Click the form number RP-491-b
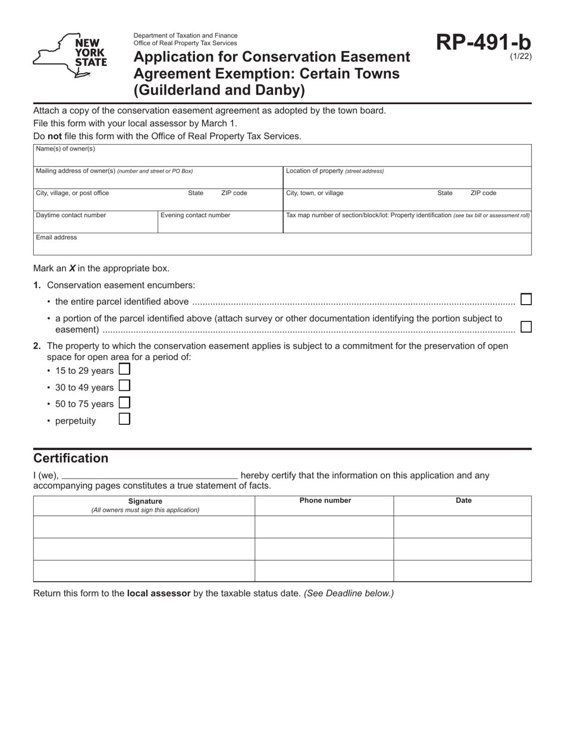pos(484,42)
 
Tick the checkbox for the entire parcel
pos(526,299)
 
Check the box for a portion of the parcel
pos(526,327)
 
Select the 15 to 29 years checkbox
pos(124,369)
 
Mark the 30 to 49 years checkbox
pos(124,386)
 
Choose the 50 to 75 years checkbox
pos(124,402)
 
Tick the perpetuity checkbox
pos(124,419)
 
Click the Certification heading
pos(71,458)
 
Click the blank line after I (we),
pos(149,476)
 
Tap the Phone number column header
pos(325,500)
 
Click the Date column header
pos(463,500)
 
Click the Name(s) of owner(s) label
pos(65,149)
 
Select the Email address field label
pos(56,237)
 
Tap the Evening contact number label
pos(195,215)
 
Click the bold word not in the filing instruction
pos(55,136)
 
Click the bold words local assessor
pos(159,593)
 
